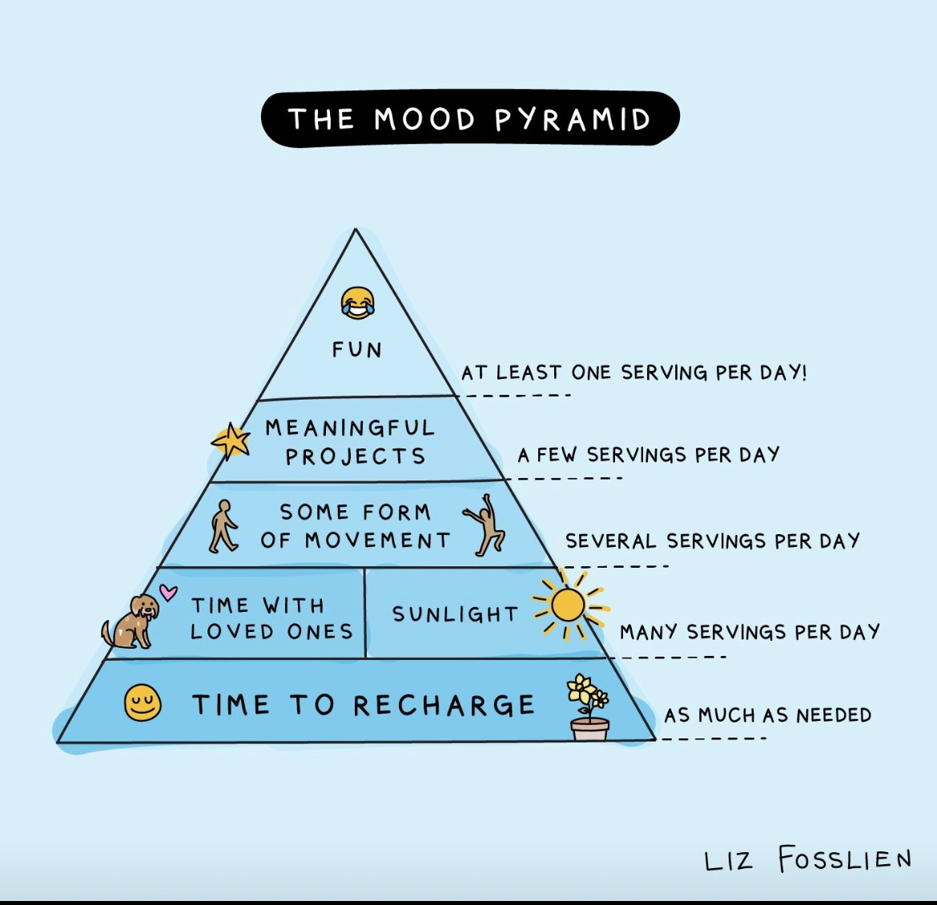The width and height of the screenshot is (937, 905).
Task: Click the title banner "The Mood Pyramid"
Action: (470, 119)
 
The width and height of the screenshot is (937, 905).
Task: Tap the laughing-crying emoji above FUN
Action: (357, 303)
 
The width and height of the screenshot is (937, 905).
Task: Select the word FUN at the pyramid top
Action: (357, 350)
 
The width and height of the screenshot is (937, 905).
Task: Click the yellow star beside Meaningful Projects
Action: (231, 440)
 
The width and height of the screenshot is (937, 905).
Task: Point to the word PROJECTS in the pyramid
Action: (356, 457)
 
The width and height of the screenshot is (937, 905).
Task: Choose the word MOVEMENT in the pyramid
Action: (378, 541)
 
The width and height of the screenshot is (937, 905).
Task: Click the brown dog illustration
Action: (131, 621)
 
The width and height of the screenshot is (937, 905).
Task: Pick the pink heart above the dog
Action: (167, 592)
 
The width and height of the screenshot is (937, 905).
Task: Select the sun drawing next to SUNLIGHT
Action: (568, 605)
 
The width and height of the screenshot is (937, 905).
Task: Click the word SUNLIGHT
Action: (455, 614)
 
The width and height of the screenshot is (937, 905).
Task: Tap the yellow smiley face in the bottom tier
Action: (143, 704)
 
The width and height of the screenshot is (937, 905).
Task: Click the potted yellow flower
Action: (588, 694)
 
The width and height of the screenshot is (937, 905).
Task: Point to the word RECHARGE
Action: (444, 706)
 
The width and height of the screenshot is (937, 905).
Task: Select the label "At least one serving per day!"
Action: (633, 372)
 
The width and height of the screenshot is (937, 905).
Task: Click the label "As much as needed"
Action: (767, 714)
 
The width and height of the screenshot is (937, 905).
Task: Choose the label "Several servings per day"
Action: (712, 541)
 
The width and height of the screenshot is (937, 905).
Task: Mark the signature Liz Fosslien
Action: (807, 859)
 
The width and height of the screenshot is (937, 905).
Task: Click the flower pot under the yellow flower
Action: (590, 729)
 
